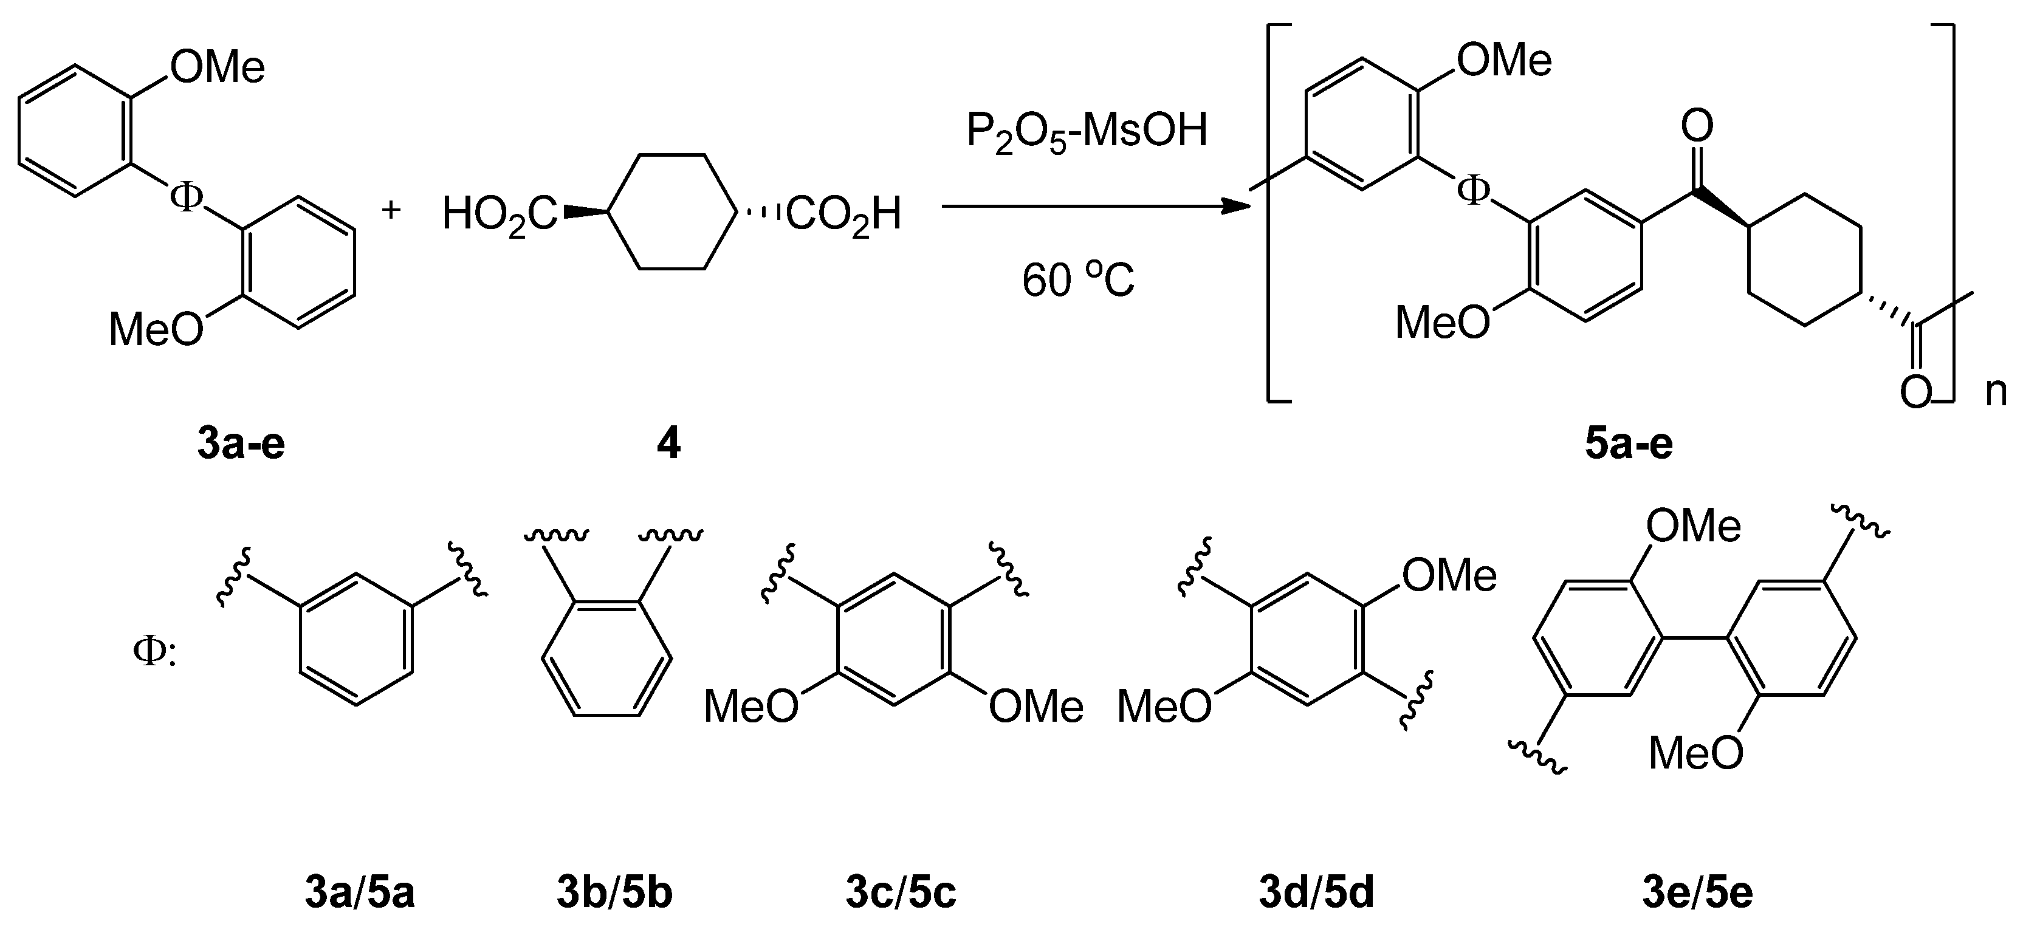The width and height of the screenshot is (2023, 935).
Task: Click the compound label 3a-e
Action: (241, 444)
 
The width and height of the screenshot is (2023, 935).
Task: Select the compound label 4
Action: (668, 444)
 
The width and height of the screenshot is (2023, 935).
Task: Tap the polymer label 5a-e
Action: (1629, 444)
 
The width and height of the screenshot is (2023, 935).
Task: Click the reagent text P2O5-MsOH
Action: (1086, 131)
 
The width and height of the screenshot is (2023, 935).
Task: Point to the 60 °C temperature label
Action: (1078, 280)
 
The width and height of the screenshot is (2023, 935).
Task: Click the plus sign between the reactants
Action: (390, 210)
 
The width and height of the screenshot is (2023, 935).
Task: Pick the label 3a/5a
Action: (360, 894)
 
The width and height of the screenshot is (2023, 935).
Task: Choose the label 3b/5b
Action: (615, 894)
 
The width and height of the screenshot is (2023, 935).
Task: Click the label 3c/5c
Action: (901, 894)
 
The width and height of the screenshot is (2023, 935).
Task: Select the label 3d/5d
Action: (1317, 894)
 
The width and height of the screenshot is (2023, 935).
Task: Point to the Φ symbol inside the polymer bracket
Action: (1472, 191)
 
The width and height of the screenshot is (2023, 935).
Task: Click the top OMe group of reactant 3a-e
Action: (218, 68)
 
